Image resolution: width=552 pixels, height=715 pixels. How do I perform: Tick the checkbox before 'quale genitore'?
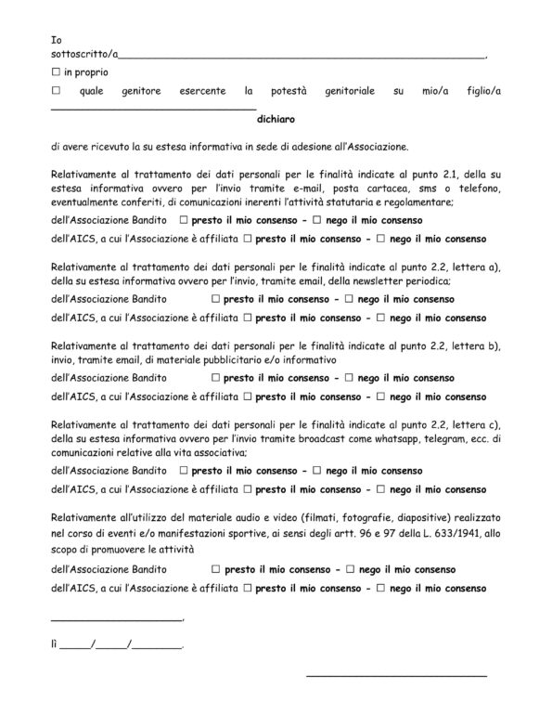tap(57, 92)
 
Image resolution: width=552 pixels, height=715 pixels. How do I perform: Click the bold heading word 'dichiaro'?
tap(276, 119)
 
